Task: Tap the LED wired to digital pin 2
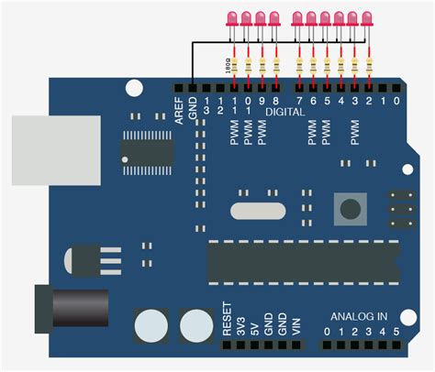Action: tap(368, 17)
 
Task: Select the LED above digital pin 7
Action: tap(297, 17)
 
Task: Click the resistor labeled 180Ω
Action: tap(236, 65)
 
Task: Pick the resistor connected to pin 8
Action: tap(276, 65)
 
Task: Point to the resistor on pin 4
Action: tap(340, 65)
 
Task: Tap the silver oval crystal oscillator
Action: tap(253, 210)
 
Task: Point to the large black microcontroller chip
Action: tap(303, 261)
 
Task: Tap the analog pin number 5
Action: tap(396, 331)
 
